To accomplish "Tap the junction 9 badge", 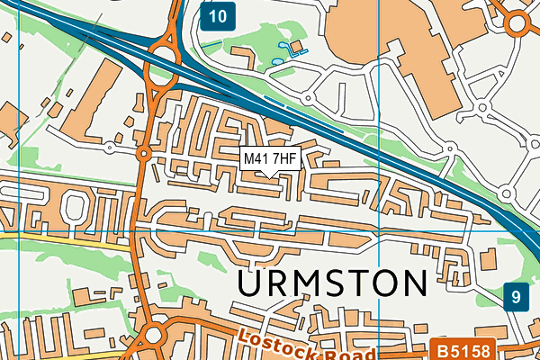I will tap(515, 296).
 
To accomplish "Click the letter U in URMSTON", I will tap(253, 283).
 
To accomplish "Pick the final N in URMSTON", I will tap(413, 283).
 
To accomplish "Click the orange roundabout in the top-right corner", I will tap(520, 22).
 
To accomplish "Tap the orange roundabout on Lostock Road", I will tap(152, 336).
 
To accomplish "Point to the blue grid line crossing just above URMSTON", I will tap(270, 230).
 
